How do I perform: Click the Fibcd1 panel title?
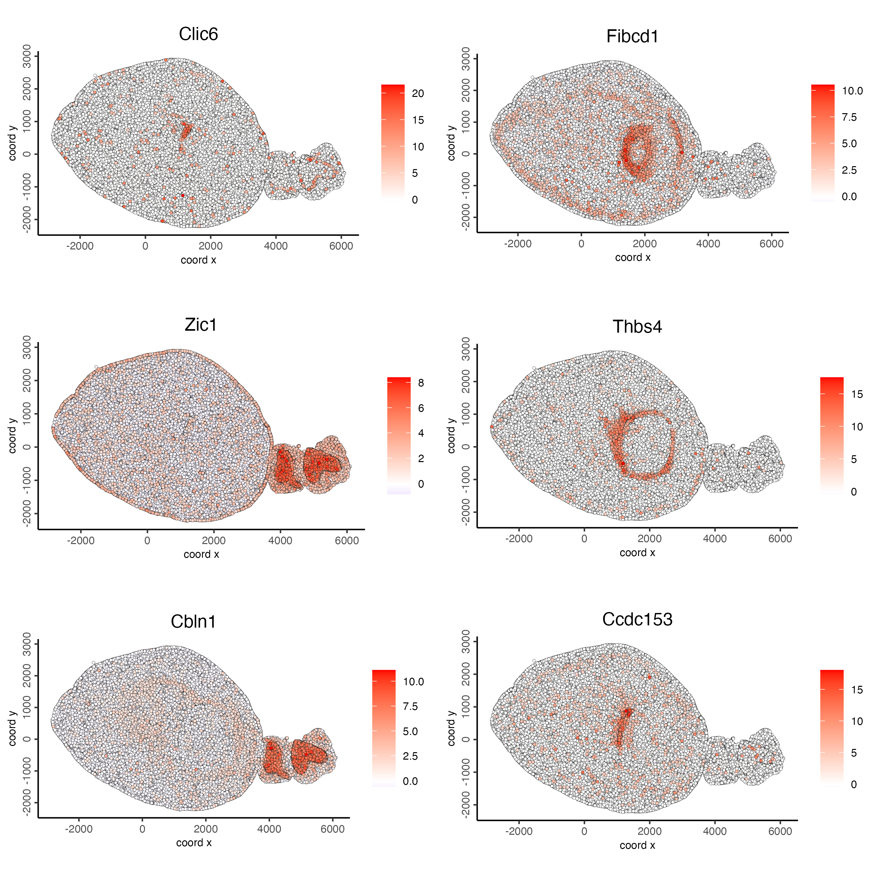click(x=632, y=37)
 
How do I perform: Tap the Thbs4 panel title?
click(x=637, y=327)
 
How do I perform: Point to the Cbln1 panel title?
click(x=193, y=622)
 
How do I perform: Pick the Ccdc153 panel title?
click(x=637, y=619)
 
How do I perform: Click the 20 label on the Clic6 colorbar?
click(x=418, y=94)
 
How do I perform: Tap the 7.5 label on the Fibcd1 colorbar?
click(x=849, y=117)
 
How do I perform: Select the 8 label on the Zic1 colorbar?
click(x=421, y=383)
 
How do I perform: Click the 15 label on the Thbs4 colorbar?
click(x=857, y=394)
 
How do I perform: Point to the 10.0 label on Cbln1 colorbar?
click(x=413, y=682)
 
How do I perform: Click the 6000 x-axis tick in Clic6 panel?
click(x=341, y=246)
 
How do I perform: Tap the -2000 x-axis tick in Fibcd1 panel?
click(x=518, y=244)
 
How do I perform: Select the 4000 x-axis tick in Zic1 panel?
click(x=280, y=541)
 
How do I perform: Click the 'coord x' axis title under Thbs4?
click(x=637, y=552)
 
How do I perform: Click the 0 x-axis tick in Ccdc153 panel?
click(x=584, y=831)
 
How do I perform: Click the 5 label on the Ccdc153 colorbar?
click(x=854, y=753)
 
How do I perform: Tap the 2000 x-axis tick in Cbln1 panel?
click(x=206, y=829)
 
